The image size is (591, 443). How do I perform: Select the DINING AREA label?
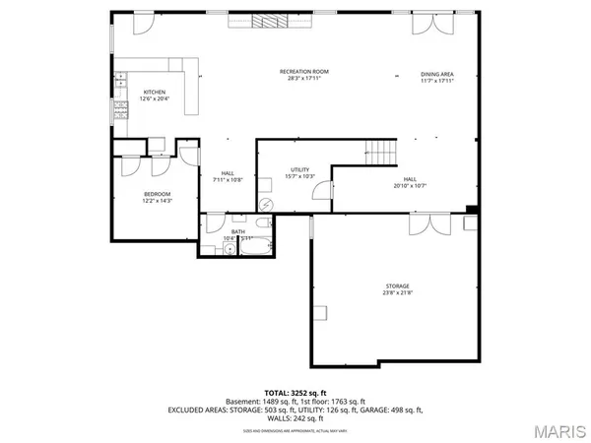pyautogui.click(x=437, y=74)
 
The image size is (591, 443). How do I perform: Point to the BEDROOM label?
pyautogui.click(x=158, y=194)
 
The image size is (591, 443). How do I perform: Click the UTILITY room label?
pyautogui.click(x=300, y=169)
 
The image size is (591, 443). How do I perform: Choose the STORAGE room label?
pyautogui.click(x=397, y=285)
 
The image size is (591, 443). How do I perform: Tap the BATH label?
pyautogui.click(x=238, y=231)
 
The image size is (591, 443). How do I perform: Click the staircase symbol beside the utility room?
pyautogui.click(x=379, y=152)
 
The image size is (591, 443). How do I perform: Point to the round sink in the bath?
pyautogui.click(x=229, y=249)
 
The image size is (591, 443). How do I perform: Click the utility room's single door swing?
pyautogui.click(x=321, y=191)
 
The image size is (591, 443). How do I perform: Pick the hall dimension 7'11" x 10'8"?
pyautogui.click(x=229, y=180)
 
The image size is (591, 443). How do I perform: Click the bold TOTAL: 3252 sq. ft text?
pyautogui.click(x=295, y=393)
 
